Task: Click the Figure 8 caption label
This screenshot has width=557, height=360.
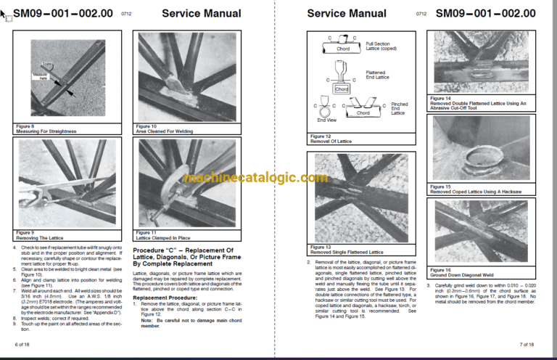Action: [25, 126]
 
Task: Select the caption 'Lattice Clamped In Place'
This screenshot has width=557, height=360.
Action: [165, 237]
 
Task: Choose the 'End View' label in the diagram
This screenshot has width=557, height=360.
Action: [326, 120]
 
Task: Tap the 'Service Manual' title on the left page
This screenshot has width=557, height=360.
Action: [201, 13]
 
